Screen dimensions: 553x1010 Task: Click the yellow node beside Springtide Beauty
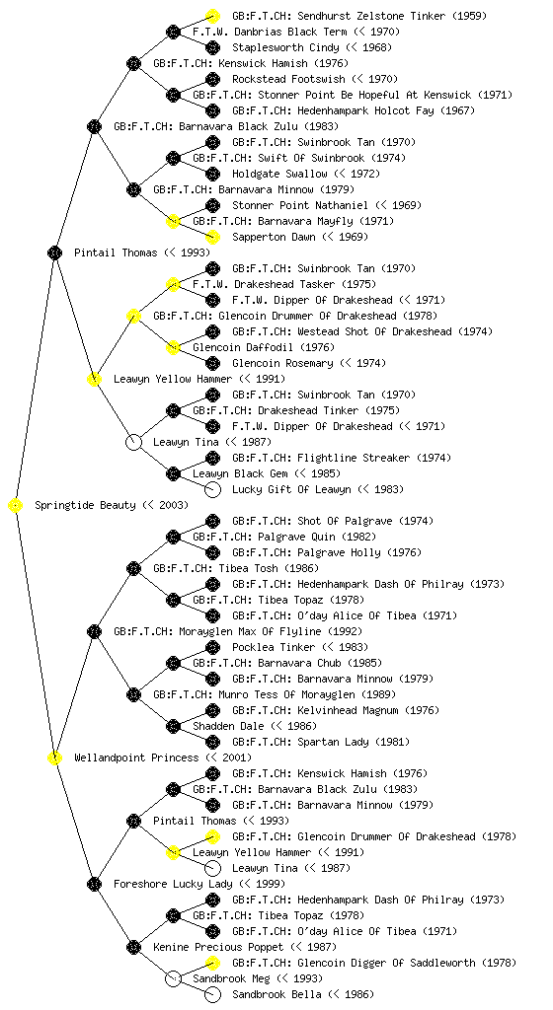pyautogui.click(x=16, y=506)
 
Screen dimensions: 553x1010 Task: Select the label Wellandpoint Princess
pyautogui.click(x=136, y=758)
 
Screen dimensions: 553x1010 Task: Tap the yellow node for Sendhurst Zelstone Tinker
pyautogui.click(x=212, y=16)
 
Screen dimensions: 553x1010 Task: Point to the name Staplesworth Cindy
pyautogui.click(x=285, y=47)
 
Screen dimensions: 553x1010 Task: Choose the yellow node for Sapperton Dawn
pyautogui.click(x=212, y=237)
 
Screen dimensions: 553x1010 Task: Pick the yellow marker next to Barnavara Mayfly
pyautogui.click(x=173, y=222)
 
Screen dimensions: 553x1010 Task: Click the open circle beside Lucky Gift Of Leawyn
pyautogui.click(x=212, y=489)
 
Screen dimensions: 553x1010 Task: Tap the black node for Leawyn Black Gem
pyautogui.click(x=173, y=474)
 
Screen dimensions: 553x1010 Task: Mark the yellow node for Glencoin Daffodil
pyautogui.click(x=173, y=348)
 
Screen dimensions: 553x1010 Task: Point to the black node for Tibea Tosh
pyautogui.click(x=133, y=569)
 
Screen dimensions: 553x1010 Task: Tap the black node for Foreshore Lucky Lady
pyautogui.click(x=94, y=885)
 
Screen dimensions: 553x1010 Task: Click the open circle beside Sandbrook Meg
pyautogui.click(x=173, y=979)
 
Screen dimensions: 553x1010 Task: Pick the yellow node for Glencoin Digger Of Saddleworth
pyautogui.click(x=212, y=963)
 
